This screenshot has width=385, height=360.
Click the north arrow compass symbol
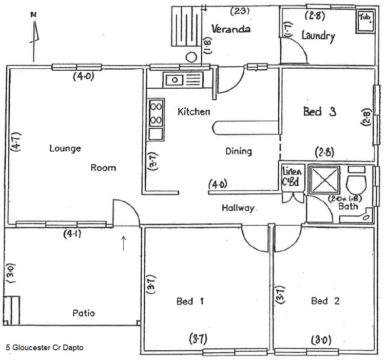pyautogui.click(x=34, y=36)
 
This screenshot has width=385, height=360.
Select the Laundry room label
pyautogui.click(x=318, y=36)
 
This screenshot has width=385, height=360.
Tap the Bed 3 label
pyautogui.click(x=319, y=111)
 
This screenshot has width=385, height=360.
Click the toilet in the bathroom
pyautogui.click(x=356, y=181)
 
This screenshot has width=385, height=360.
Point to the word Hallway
pyautogui.click(x=238, y=208)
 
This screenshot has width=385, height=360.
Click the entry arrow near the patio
pyautogui.click(x=124, y=244)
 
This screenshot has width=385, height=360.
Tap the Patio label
pyautogui.click(x=83, y=313)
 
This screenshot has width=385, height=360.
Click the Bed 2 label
pyautogui.click(x=325, y=301)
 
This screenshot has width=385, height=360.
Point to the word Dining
pyautogui.click(x=239, y=151)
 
